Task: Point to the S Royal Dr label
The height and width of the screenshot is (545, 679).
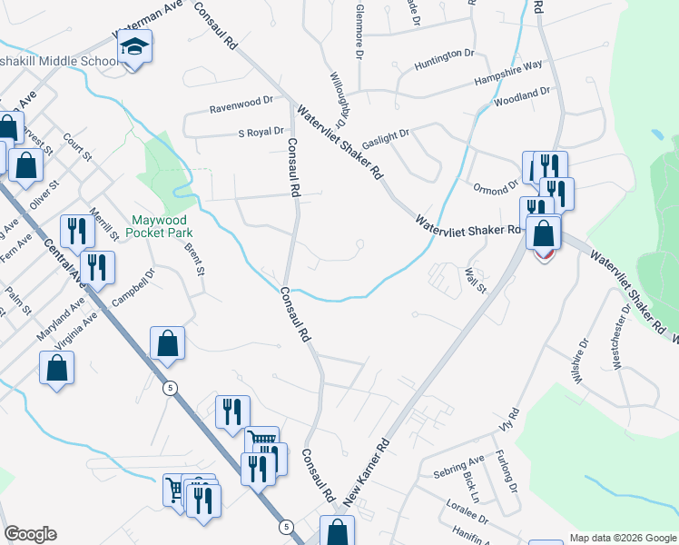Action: (x=261, y=133)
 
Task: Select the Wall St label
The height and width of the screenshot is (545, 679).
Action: (x=476, y=275)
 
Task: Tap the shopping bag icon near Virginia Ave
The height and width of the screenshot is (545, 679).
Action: (x=56, y=368)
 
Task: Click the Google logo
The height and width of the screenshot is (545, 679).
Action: (x=30, y=534)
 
